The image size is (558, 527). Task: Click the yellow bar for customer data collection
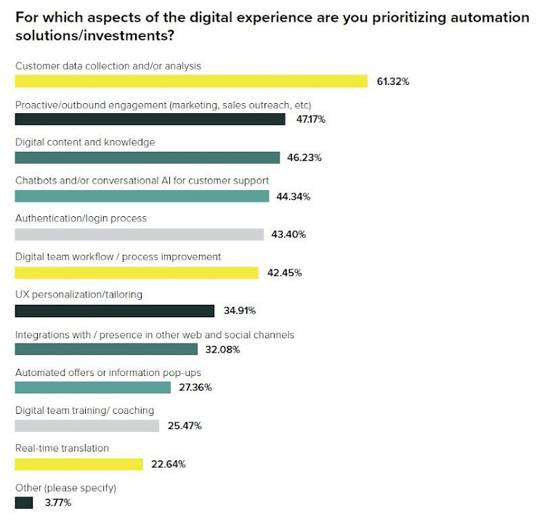191,81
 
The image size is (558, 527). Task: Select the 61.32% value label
393,81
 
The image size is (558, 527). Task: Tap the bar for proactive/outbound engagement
150,119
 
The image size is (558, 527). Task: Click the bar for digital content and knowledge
147,158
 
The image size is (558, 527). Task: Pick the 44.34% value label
294,196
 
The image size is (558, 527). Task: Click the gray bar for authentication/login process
139,234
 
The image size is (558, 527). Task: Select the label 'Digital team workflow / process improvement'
118,257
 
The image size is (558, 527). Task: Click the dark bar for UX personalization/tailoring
115,311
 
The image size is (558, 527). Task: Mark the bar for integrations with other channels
106,349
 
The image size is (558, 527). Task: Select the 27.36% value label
195,388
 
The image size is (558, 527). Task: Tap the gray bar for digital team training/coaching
86,426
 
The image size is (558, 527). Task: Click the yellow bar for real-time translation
78,464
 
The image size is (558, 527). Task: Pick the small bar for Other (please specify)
23,502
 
